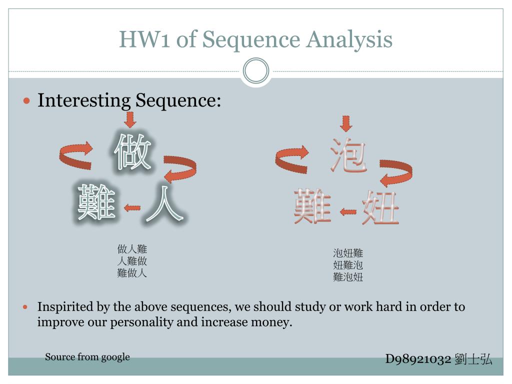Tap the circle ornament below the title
[x=256, y=71]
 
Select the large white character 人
[x=163, y=204]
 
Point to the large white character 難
[x=96, y=202]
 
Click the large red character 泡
[x=348, y=155]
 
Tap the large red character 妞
[x=380, y=207]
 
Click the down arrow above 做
[x=130, y=120]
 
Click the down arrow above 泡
[x=346, y=123]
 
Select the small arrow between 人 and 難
[x=132, y=207]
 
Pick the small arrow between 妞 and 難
[x=348, y=211]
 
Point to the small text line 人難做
[x=132, y=261]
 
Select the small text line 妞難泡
[x=348, y=265]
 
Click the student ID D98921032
[x=418, y=359]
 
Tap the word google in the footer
[x=115, y=357]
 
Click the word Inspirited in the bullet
[x=65, y=306]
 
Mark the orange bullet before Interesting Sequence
[x=27, y=100]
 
